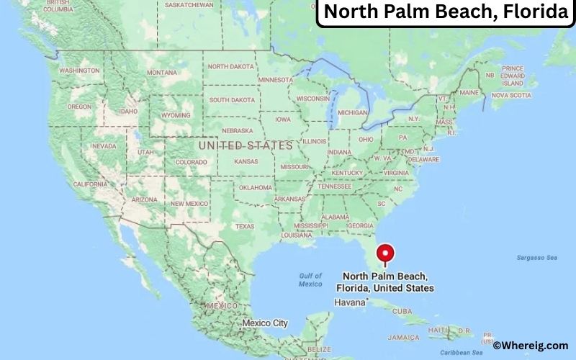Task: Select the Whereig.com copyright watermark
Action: [x=531, y=346]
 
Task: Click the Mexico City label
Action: [x=264, y=323]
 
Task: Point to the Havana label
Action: [x=350, y=302]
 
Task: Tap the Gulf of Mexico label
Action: [x=310, y=279]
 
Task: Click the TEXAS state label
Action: [x=245, y=226]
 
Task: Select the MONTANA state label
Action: [x=161, y=72]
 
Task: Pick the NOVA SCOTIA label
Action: [x=511, y=95]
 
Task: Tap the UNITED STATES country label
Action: [x=246, y=145]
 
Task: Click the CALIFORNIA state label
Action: [x=90, y=184]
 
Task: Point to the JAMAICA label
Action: [x=403, y=337]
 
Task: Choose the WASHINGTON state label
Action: [x=79, y=71]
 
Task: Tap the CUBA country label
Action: [x=402, y=311]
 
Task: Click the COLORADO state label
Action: [x=191, y=162]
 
